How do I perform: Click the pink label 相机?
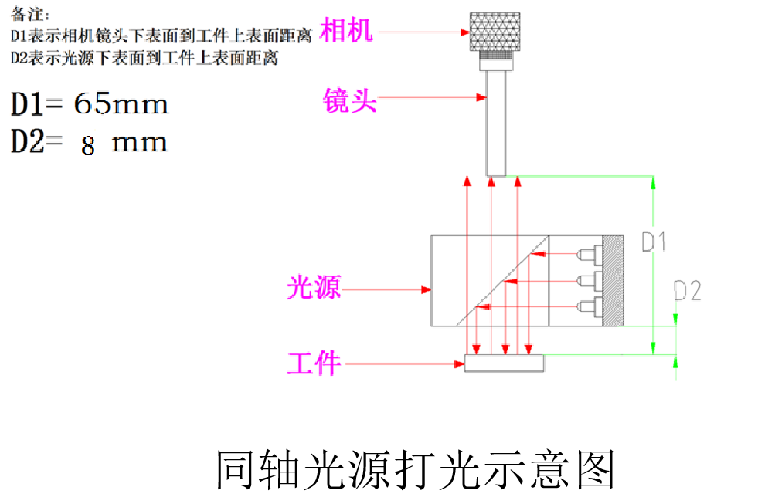coord(346,31)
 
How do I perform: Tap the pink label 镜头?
coord(349,99)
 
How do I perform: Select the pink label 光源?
coord(314,288)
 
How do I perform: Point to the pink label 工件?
coord(314,362)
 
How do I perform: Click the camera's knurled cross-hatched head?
coord(495,31)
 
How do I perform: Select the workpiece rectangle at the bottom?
coord(504,363)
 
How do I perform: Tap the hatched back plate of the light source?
coord(613,279)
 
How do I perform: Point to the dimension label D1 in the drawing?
coord(654,242)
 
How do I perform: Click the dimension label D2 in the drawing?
coord(687,291)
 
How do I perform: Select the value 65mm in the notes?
coord(121,104)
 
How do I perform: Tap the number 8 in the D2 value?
coord(88,145)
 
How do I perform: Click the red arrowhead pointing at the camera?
coord(465,32)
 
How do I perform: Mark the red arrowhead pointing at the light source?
coord(426,290)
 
